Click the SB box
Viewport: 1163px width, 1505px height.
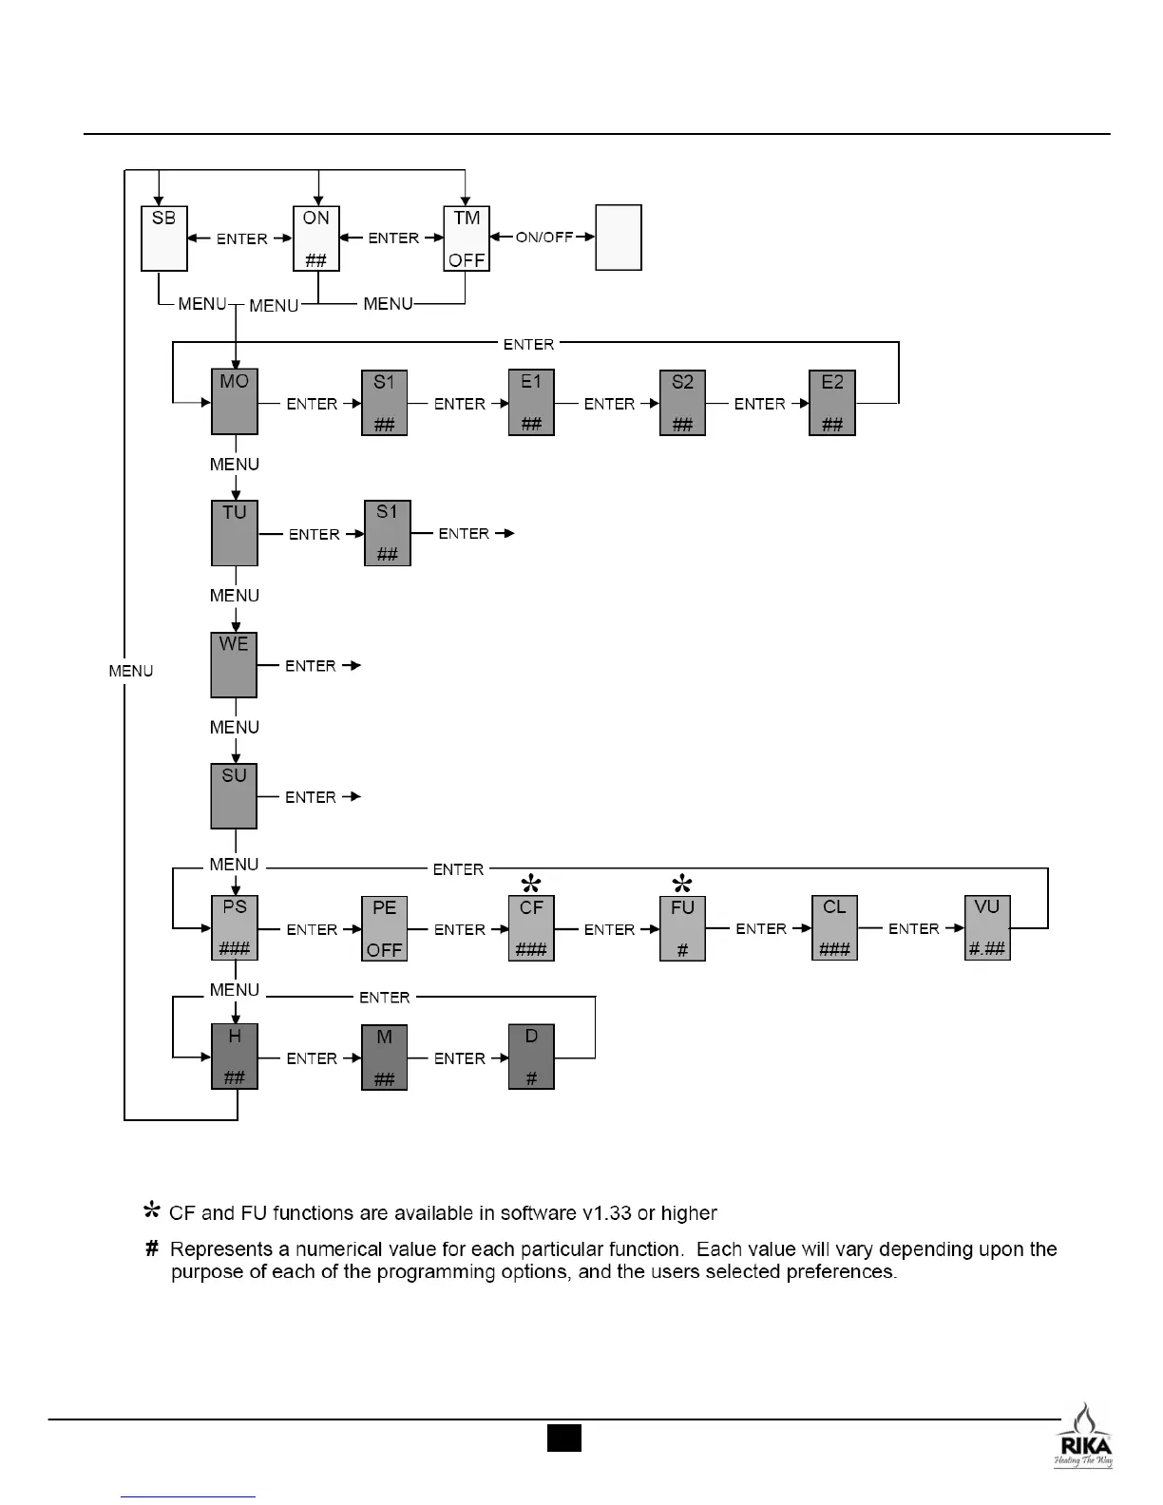click(x=163, y=238)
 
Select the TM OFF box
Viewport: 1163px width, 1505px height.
click(x=467, y=238)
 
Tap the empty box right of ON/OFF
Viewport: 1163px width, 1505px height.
click(x=619, y=238)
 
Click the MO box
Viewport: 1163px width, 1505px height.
click(x=234, y=402)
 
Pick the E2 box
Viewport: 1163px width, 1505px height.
click(x=832, y=402)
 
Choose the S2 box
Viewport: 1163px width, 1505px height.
click(x=682, y=402)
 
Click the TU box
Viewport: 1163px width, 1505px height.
click(x=234, y=533)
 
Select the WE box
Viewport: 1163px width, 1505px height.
click(x=234, y=664)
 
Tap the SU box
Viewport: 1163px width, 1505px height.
click(x=234, y=796)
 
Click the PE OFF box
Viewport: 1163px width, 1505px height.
click(x=385, y=928)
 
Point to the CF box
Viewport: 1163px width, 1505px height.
click(x=531, y=928)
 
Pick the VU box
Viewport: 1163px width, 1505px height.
click(x=987, y=928)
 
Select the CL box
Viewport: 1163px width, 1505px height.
click(x=834, y=928)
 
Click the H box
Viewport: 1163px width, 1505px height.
click(x=234, y=1057)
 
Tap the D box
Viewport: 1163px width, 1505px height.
click(x=531, y=1057)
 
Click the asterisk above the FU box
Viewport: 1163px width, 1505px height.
click(x=681, y=881)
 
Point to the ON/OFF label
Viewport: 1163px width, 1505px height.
click(x=544, y=238)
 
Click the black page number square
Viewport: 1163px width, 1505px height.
click(x=563, y=1438)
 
